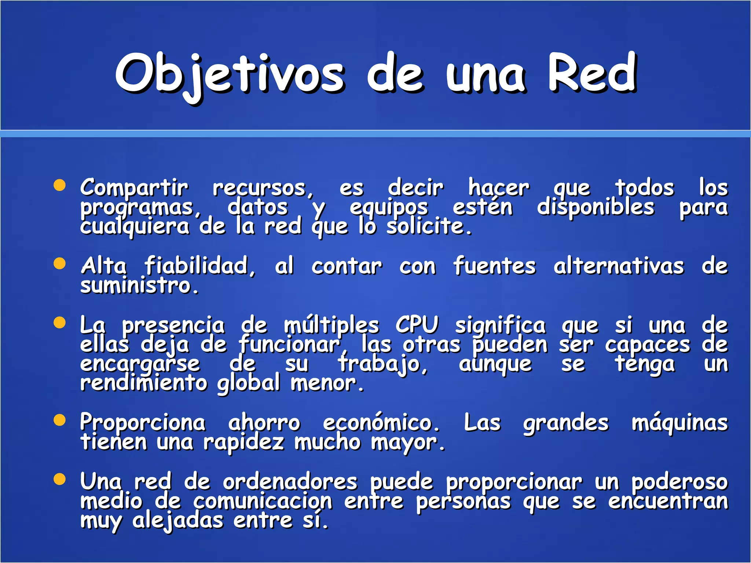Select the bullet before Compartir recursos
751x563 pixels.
pos(59,185)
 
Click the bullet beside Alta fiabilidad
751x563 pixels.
pos(59,264)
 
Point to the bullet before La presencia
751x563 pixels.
pos(59,323)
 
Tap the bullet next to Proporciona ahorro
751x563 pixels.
pos(59,420)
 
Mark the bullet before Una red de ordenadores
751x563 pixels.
pos(59,479)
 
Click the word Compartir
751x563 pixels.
pos(134,188)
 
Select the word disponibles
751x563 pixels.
pos(596,207)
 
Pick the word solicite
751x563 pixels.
pos(429,227)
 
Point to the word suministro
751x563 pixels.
pos(139,286)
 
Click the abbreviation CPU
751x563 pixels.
pos(417,325)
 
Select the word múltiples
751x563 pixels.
pos(331,325)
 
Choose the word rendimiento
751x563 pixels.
pos(144,383)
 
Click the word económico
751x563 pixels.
pos(381,423)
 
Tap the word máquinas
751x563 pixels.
pos(679,423)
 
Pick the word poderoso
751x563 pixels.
pos(679,482)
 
